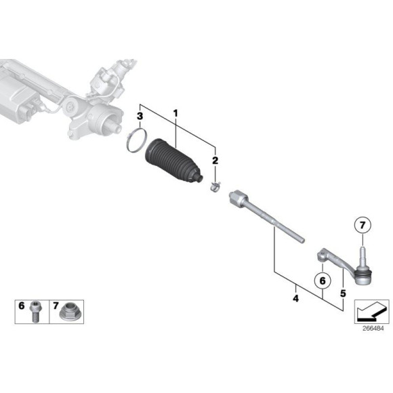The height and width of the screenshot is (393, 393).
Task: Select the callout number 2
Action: click(x=215, y=161)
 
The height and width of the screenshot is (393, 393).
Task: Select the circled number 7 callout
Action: click(x=362, y=226)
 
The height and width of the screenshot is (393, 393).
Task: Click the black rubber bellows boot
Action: click(x=173, y=162)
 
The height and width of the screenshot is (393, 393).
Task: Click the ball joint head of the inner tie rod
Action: click(x=237, y=198)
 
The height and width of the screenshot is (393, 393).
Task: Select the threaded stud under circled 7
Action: click(x=363, y=256)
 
